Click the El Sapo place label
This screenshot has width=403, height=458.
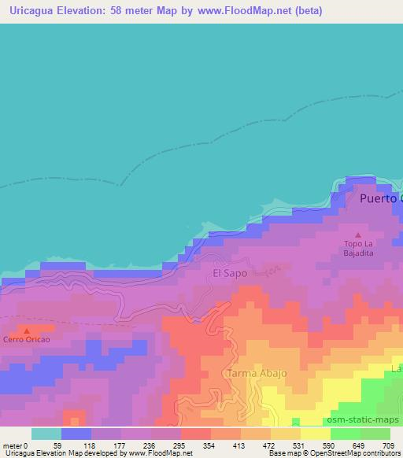(230, 273)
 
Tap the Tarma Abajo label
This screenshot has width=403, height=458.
(257, 373)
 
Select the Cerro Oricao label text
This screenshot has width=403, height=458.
(26, 340)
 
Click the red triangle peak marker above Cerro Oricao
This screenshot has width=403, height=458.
(26, 331)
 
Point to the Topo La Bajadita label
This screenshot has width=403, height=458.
(359, 249)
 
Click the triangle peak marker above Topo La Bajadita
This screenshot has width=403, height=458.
(359, 235)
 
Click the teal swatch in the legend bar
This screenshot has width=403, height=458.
(46, 434)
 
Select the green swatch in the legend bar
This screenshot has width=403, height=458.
(346, 434)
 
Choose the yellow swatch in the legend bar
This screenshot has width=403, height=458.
(316, 434)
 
